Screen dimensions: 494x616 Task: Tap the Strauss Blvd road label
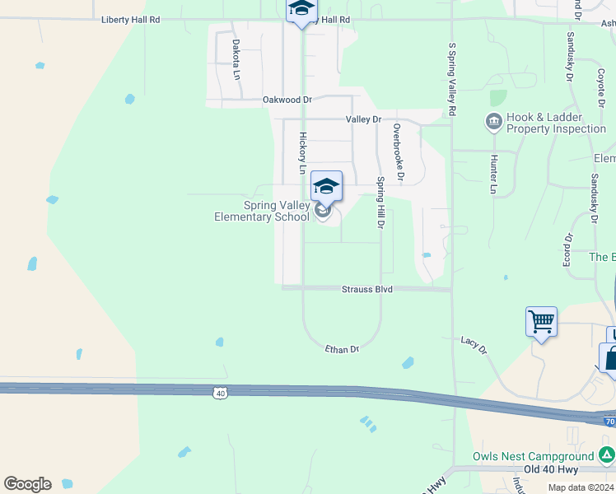coord(367,290)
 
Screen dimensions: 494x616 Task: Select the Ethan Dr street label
coord(343,349)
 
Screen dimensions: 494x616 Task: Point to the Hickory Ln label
coord(302,153)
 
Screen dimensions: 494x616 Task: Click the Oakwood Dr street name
coord(287,100)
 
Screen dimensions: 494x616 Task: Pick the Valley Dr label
coord(364,119)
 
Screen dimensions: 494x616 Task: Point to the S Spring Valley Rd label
coord(452,79)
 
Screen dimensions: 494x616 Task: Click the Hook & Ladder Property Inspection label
coord(556,123)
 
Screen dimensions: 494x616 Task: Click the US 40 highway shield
coord(220,394)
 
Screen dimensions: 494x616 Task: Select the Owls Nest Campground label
coord(533,456)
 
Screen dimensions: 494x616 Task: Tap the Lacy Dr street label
coord(474,345)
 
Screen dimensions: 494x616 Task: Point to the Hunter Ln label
coord(494,175)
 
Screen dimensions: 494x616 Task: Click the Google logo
coord(27,484)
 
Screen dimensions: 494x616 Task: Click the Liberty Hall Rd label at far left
coord(130,20)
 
